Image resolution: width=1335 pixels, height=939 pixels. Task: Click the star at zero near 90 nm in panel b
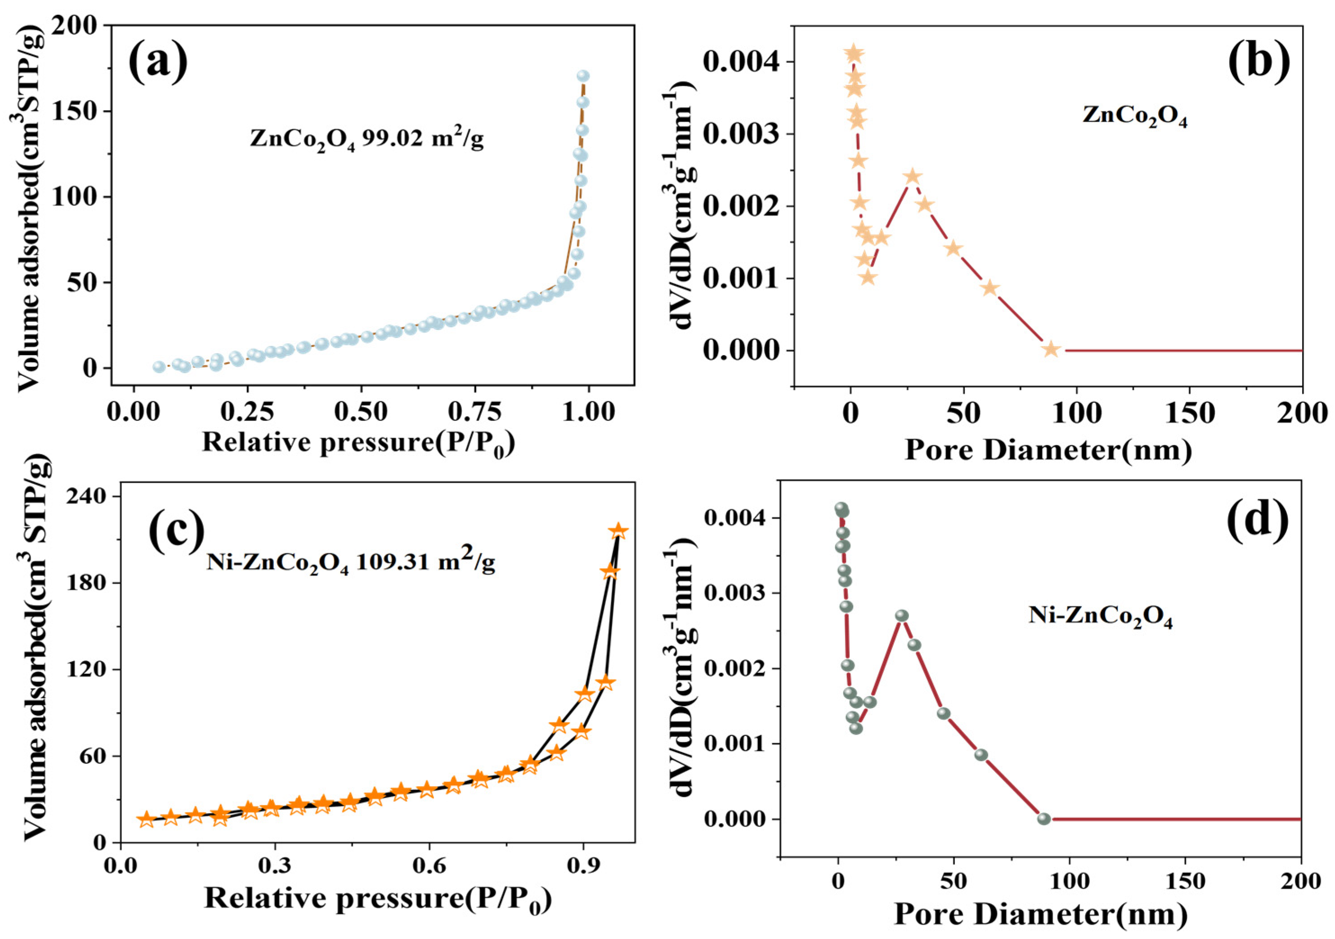(1050, 349)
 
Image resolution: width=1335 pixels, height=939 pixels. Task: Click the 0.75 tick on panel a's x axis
(475, 412)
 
